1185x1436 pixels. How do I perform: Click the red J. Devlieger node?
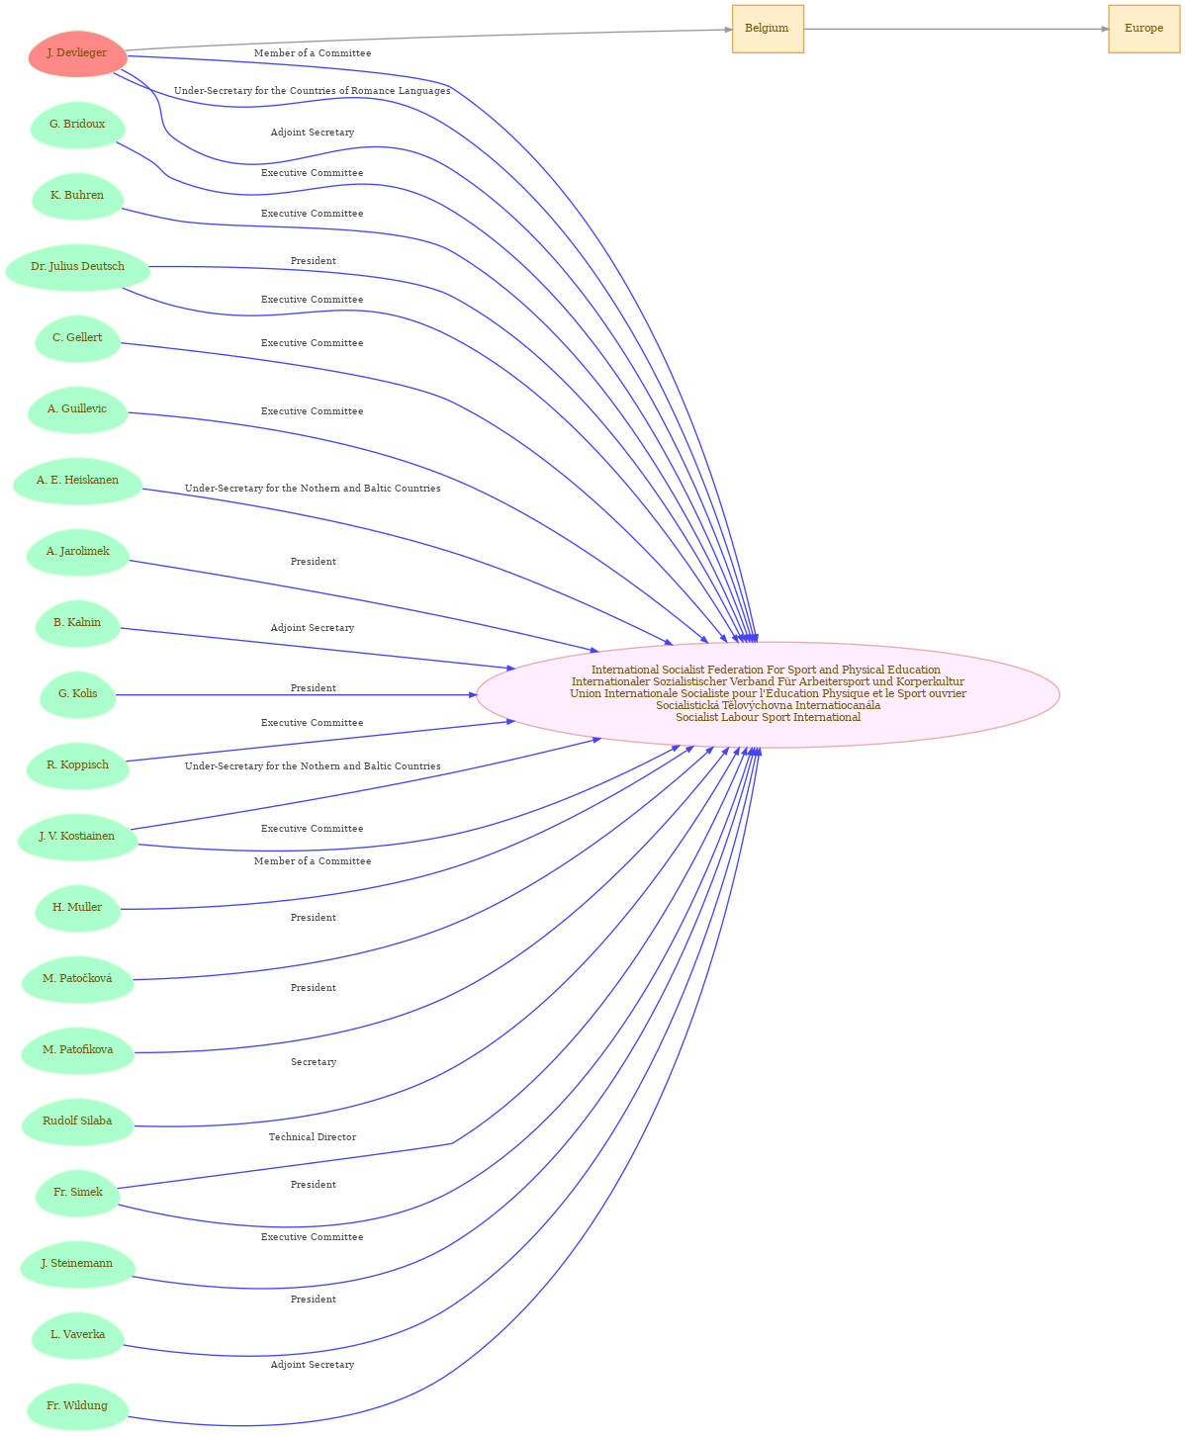[78, 53]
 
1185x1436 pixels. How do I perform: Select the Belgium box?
[768, 29]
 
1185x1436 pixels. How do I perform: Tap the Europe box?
[1143, 29]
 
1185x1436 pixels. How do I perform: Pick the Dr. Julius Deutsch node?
[78, 267]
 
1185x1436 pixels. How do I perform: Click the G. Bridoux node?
[78, 125]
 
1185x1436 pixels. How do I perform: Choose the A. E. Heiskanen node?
[78, 481]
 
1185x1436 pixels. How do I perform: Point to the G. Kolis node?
[78, 694]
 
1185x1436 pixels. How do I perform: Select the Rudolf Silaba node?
[78, 1122]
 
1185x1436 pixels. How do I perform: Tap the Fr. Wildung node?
[78, 1406]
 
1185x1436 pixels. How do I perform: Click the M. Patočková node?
[78, 979]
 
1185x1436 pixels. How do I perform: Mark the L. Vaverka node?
[78, 1335]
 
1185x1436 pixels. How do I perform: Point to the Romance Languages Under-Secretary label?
[313, 91]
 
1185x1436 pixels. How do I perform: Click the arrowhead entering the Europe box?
[1105, 29]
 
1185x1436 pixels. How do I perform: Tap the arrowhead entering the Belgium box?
[728, 30]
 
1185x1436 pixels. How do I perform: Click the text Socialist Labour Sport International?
[768, 717]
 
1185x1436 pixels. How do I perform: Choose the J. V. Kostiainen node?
[78, 837]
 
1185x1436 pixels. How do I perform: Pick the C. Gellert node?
[78, 338]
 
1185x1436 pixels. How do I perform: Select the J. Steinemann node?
[78, 1263]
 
